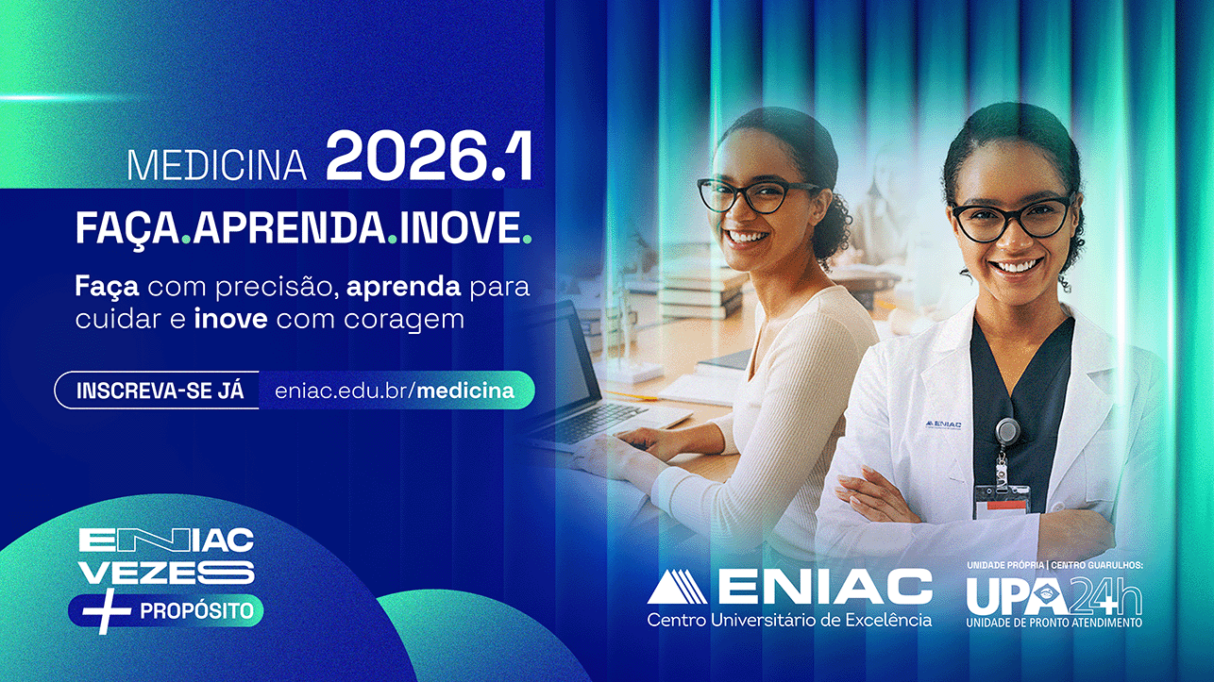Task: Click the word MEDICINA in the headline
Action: coord(217,166)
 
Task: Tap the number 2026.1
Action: coord(429,158)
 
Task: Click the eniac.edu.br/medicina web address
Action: coord(395,391)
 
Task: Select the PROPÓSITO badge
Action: coord(196,610)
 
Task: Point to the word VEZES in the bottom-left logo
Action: coord(166,572)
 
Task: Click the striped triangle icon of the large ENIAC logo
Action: coord(677,587)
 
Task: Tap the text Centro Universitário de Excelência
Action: coord(789,620)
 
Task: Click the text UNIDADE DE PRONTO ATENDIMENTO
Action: coord(1054,623)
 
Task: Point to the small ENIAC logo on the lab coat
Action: coord(943,424)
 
